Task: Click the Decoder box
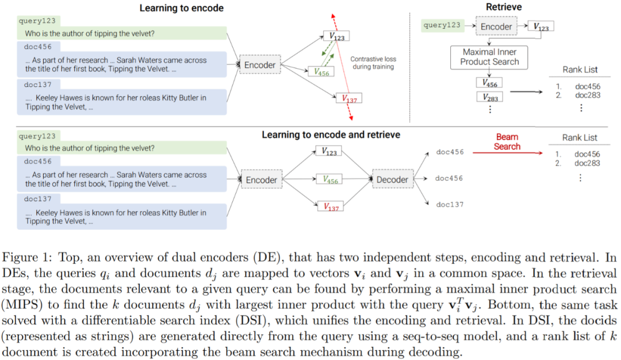(393, 180)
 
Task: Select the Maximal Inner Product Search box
(489, 57)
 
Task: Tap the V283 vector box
(490, 97)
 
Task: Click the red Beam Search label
(507, 141)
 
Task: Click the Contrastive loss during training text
(373, 63)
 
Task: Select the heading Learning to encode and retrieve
(331, 135)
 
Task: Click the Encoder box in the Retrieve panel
(496, 26)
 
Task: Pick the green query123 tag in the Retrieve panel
(442, 25)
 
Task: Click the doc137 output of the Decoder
(449, 204)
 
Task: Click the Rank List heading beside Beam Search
(580, 137)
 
